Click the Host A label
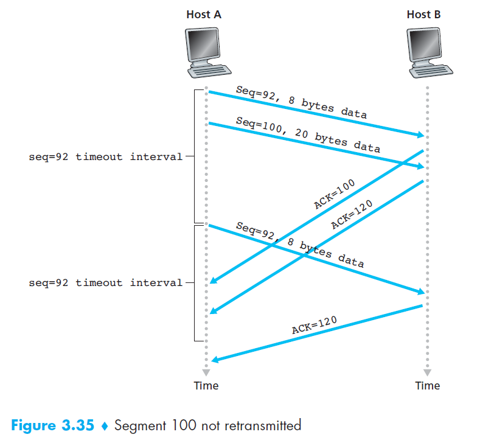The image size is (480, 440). click(204, 14)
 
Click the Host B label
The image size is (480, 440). click(423, 14)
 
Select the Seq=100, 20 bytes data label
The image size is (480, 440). click(307, 134)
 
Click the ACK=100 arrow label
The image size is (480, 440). click(334, 195)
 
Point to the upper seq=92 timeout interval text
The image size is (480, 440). click(105, 156)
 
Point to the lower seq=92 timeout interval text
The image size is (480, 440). click(105, 282)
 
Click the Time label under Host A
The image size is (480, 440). click(206, 385)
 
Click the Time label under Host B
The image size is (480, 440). click(427, 385)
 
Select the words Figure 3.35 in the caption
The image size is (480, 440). click(52, 425)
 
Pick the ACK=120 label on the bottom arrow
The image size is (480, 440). click(314, 325)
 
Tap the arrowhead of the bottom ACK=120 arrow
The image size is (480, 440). click(214, 360)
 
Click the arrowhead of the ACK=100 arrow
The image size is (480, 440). click(213, 282)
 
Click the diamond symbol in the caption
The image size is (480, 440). click(104, 425)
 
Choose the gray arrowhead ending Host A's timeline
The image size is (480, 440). click(206, 371)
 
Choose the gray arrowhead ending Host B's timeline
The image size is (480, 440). click(427, 371)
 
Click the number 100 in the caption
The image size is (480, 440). click(183, 425)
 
